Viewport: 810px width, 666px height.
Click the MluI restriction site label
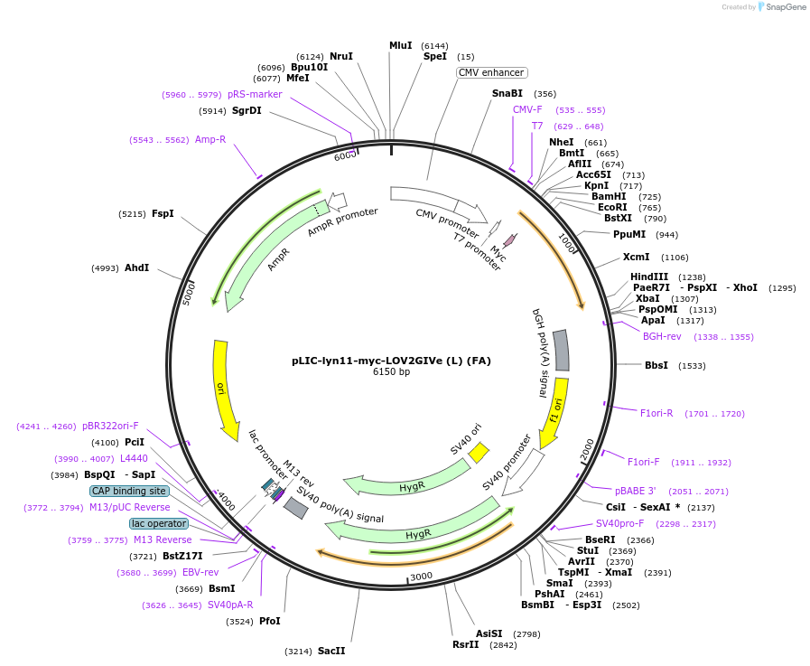point(400,45)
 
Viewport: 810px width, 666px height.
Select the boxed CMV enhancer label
point(492,72)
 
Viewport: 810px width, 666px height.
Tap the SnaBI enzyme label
point(507,93)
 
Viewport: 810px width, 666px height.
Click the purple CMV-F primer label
point(527,109)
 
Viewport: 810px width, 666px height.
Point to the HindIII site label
point(649,277)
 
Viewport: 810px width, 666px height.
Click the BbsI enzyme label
point(656,365)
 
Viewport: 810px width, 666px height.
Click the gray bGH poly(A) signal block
point(561,350)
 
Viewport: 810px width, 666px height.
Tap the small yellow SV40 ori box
point(479,451)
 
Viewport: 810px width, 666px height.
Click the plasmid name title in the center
point(391,360)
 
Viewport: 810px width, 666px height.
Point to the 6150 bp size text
point(391,371)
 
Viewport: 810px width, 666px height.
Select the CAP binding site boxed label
point(129,491)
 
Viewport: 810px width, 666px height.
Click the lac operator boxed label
point(159,523)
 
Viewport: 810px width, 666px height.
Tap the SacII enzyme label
point(331,651)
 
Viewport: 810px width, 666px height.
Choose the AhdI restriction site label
point(136,267)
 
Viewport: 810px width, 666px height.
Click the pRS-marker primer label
point(255,94)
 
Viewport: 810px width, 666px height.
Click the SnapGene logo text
point(781,6)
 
